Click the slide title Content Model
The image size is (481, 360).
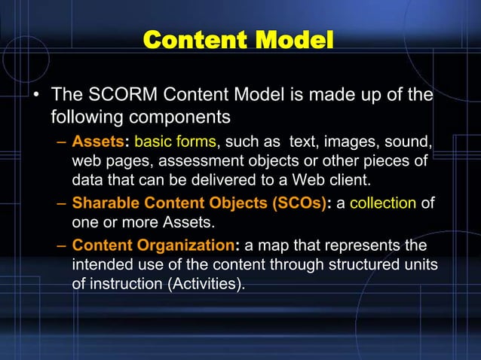[x=237, y=39]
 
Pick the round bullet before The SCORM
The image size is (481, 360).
[x=35, y=96]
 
